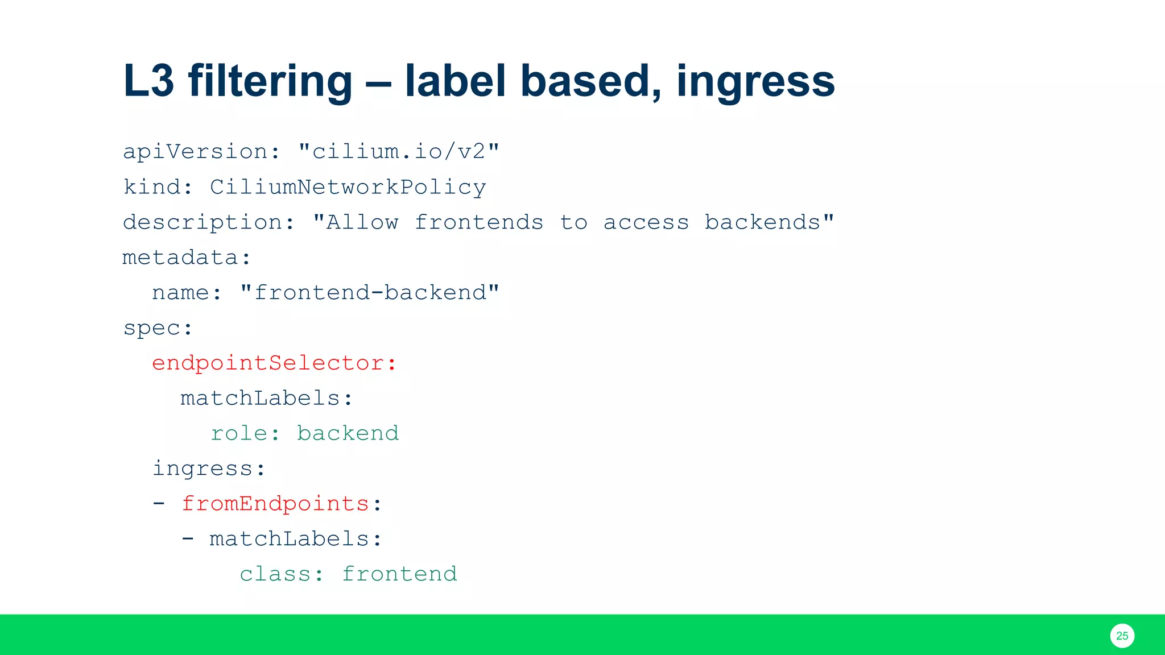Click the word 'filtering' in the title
[270, 81]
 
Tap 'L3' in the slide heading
[148, 81]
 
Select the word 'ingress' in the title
[755, 81]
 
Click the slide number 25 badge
[1122, 636]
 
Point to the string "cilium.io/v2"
[399, 152]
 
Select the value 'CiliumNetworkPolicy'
[348, 187]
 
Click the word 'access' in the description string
[646, 222]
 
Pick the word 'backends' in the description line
[763, 222]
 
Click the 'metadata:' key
[187, 258]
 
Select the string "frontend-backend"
[370, 293]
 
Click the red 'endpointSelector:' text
[274, 363]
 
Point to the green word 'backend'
[348, 434]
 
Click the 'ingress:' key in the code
[209, 469]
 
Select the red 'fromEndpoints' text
[276, 504]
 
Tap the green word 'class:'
[282, 574]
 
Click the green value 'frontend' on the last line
[399, 574]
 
